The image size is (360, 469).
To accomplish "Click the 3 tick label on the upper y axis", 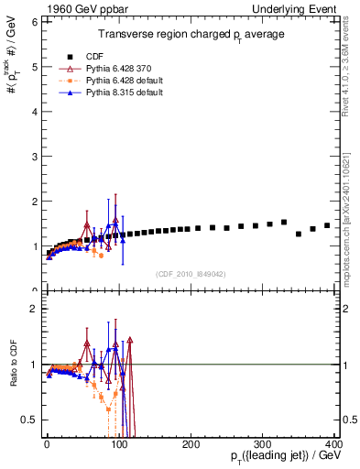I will coord(32,157).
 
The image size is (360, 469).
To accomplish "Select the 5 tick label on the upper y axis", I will coord(32,67).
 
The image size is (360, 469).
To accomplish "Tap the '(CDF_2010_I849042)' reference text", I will coord(191,273).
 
